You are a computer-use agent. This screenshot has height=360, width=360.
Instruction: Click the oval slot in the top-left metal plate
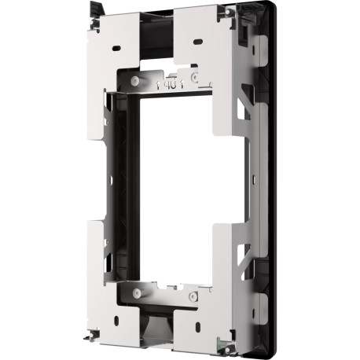click(x=117, y=48)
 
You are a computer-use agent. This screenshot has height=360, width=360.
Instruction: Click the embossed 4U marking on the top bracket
click(x=169, y=81)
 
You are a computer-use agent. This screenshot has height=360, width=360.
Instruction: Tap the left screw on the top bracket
click(x=136, y=81)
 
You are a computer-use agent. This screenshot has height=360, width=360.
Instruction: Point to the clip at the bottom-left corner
click(x=93, y=336)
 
